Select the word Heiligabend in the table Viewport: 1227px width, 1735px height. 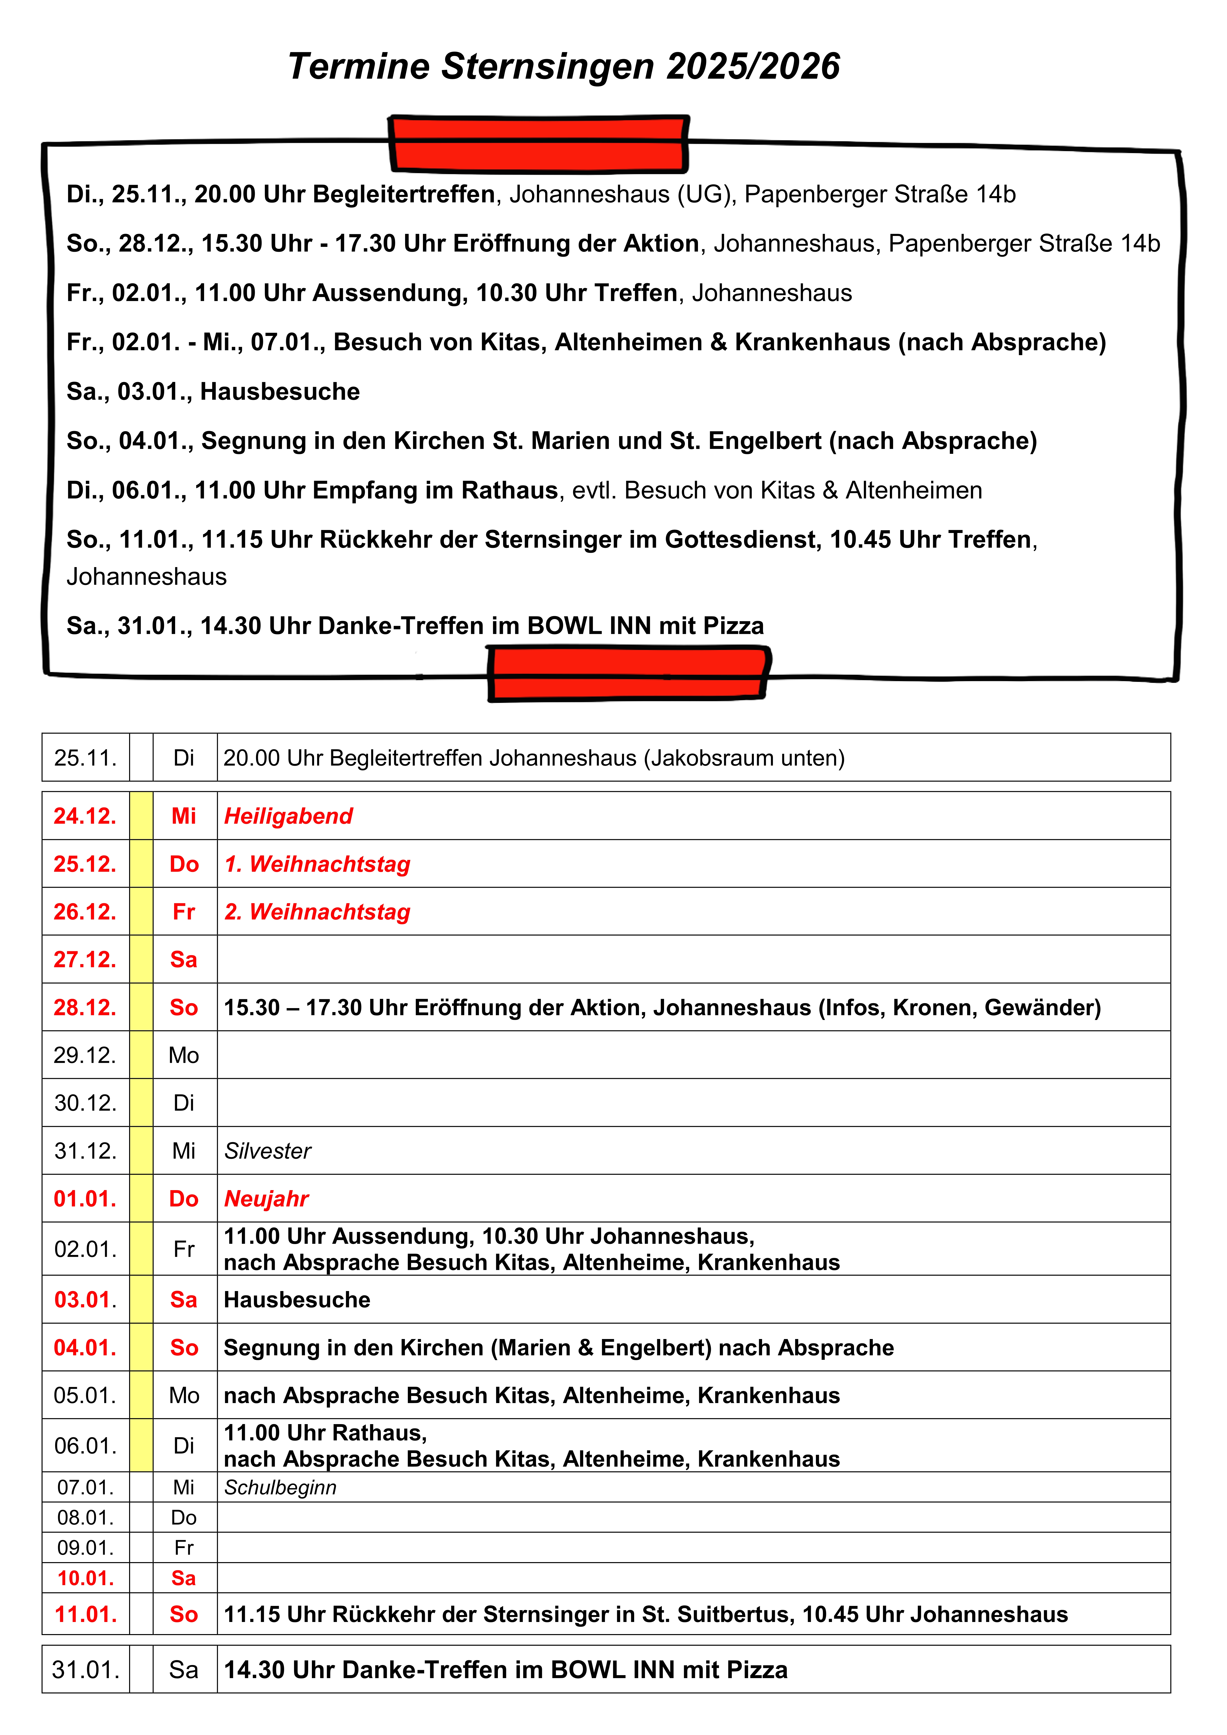coord(289,816)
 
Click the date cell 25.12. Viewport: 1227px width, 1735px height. coord(85,864)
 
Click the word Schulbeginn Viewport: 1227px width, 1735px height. coord(280,1487)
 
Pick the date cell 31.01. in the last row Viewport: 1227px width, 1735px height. coord(85,1669)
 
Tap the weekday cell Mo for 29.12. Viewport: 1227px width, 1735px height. coord(184,1055)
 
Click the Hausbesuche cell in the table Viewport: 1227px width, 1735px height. coord(297,1300)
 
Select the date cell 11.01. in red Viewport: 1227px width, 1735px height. coord(85,1614)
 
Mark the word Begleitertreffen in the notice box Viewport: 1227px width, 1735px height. coord(404,194)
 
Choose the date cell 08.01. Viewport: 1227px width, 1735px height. coord(85,1517)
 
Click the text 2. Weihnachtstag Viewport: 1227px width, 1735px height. coord(317,912)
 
